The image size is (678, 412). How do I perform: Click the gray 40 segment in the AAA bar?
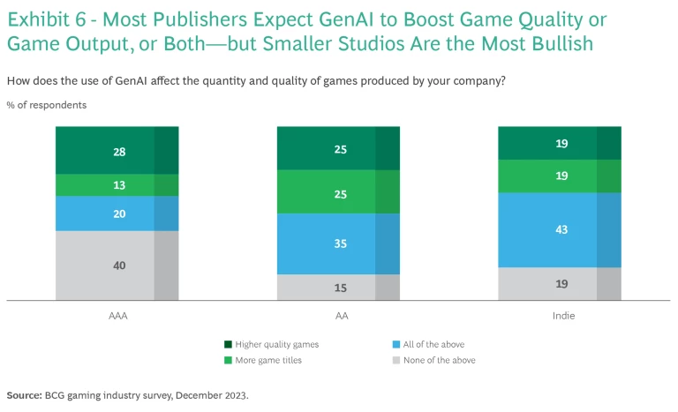[x=117, y=266]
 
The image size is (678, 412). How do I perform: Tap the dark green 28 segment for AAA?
[x=117, y=151]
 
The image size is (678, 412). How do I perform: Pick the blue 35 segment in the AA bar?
[x=339, y=243]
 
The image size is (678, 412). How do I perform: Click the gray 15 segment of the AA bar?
[x=339, y=287]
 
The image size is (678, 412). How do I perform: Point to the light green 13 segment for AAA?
[x=117, y=184]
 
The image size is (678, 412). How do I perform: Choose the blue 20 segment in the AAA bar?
[x=117, y=213]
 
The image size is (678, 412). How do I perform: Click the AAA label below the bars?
[x=117, y=312]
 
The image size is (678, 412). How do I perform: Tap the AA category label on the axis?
[x=339, y=312]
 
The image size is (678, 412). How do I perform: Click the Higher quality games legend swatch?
[x=229, y=344]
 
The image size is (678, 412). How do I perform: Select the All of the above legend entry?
[x=433, y=344]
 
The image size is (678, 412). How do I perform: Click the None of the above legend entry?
[x=438, y=360]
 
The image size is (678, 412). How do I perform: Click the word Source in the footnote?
[x=23, y=395]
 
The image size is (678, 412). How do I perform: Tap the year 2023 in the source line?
[x=235, y=395]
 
